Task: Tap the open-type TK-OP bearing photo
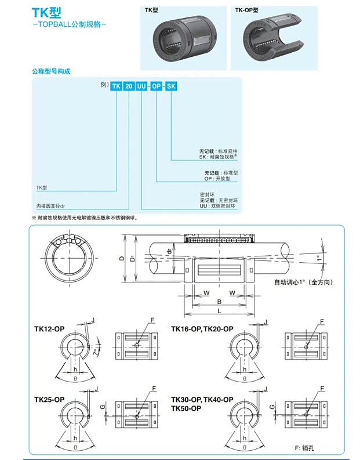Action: [274, 39]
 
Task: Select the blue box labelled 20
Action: [129, 87]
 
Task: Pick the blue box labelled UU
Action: [142, 87]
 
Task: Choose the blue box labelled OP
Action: [157, 87]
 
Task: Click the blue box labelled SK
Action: [172, 87]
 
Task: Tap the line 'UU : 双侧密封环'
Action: [218, 205]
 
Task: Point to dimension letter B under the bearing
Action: [219, 302]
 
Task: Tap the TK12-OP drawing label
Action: [49, 329]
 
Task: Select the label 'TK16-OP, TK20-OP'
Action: [202, 329]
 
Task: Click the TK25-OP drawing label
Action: [49, 400]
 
